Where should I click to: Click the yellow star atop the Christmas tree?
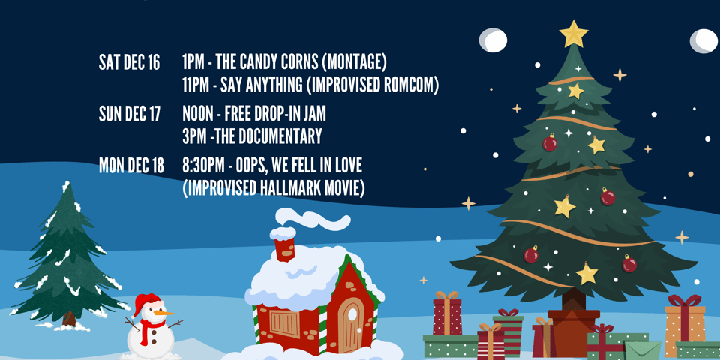(x=574, y=33)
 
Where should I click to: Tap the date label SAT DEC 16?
(x=129, y=63)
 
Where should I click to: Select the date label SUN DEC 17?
(x=130, y=115)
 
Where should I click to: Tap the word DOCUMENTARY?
(x=282, y=136)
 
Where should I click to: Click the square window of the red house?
(x=284, y=323)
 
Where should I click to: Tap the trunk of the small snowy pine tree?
(x=69, y=318)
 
